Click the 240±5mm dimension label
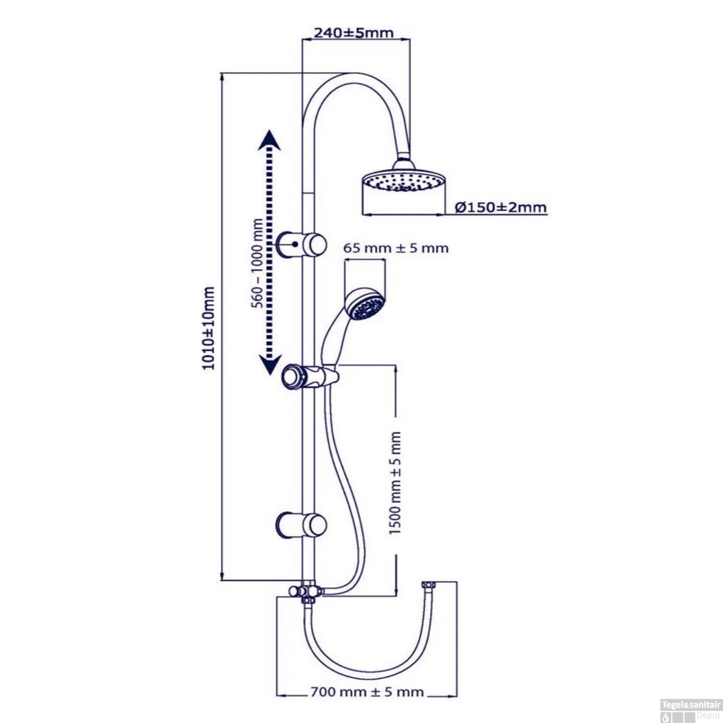tap(354, 33)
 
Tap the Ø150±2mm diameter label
tap(501, 207)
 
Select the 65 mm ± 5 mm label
tap(396, 248)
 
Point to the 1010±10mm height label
tap(208, 328)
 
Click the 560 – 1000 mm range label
tap(258, 263)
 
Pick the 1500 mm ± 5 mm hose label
tap(395, 482)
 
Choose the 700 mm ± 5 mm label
tap(367, 692)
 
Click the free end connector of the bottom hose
tap(428, 585)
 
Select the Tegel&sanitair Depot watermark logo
tap(691, 710)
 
